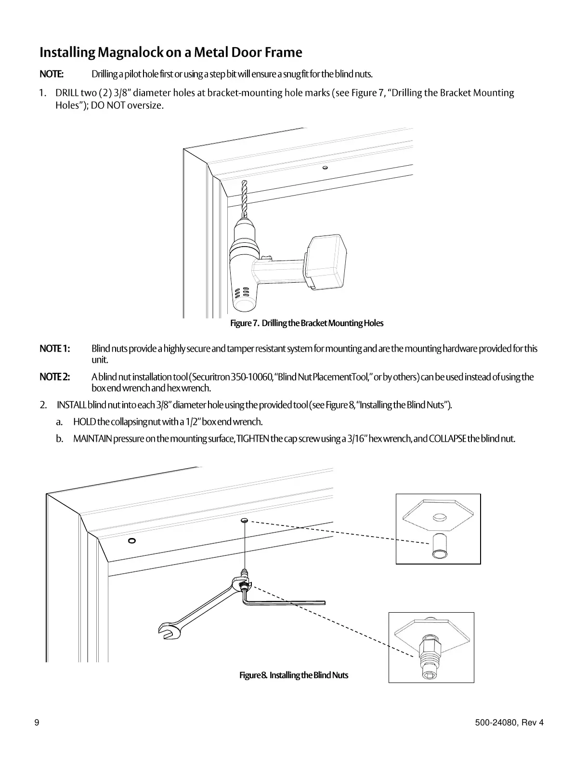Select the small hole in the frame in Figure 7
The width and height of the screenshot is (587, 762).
(326, 168)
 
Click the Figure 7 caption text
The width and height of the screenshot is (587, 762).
(307, 323)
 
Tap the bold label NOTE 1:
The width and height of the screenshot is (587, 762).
(54, 348)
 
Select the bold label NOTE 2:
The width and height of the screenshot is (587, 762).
(54, 377)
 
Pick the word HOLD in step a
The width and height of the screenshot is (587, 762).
(84, 422)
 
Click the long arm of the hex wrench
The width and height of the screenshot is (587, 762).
(289, 602)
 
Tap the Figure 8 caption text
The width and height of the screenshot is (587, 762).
(294, 675)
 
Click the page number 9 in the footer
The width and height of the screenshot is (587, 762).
(37, 723)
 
